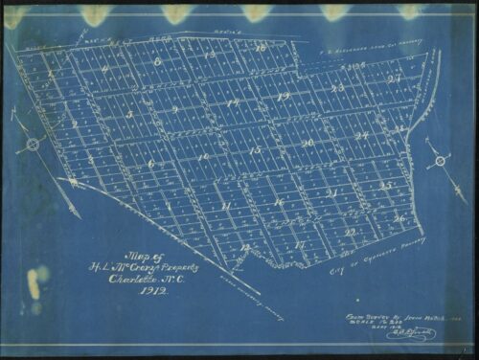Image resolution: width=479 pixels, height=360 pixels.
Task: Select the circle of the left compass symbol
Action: pos(33,145)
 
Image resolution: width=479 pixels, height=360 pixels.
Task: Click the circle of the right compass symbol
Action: pos(440,161)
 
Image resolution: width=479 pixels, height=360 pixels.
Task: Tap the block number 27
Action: pos(394,79)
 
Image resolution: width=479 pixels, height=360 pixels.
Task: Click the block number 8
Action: pos(159,61)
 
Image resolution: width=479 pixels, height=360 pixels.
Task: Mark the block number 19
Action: pos(282,97)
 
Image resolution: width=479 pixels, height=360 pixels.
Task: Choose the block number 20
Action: pos(307,143)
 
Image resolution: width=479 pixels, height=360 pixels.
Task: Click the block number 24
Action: pos(362,136)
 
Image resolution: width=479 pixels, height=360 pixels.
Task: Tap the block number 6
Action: pos(151,164)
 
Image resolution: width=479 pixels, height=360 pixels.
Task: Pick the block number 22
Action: pos(351,232)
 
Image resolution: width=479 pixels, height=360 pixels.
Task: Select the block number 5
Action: pos(129,114)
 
